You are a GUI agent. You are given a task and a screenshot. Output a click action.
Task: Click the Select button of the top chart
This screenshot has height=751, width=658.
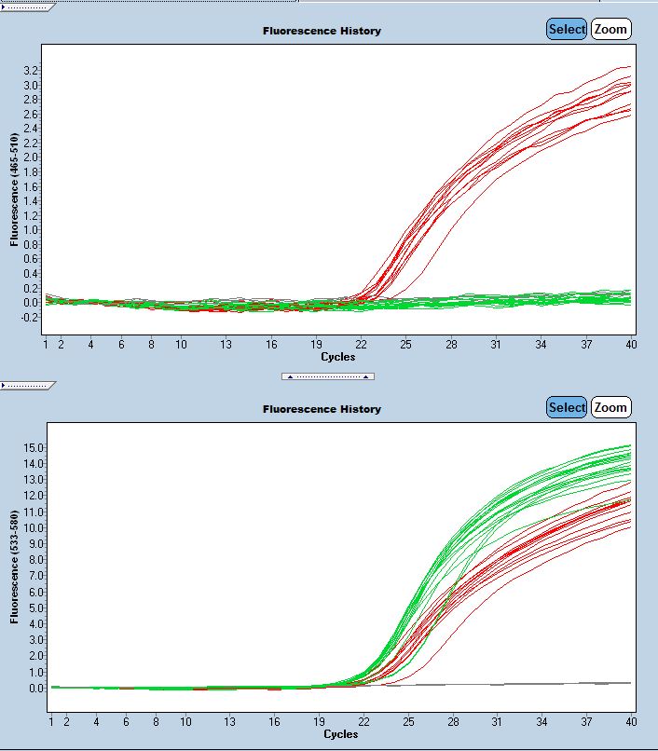(567, 29)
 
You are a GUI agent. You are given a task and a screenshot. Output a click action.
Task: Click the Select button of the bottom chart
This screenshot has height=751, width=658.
(567, 407)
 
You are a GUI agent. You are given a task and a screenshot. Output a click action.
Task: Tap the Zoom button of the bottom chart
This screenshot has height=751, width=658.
(610, 407)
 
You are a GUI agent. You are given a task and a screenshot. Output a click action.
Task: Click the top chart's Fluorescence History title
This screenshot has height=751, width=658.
(322, 31)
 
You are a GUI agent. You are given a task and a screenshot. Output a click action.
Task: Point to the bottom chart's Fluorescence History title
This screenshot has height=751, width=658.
(322, 409)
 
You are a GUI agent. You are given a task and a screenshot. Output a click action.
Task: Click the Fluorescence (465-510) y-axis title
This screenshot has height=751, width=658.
(14, 189)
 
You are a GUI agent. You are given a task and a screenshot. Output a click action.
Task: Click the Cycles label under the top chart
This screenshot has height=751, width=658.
(337, 357)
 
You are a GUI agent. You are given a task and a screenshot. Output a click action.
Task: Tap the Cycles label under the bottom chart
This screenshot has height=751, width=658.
(339, 734)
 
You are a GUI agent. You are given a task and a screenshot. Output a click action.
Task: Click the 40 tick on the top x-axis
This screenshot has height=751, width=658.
(631, 345)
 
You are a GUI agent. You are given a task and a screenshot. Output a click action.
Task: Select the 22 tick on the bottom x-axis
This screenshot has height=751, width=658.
(363, 722)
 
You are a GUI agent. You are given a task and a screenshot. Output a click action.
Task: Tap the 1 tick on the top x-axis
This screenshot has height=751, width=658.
(46, 345)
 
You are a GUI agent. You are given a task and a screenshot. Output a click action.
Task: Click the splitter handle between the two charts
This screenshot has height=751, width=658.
(328, 376)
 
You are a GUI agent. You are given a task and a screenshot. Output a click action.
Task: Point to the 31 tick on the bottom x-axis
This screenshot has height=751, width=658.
(497, 722)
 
